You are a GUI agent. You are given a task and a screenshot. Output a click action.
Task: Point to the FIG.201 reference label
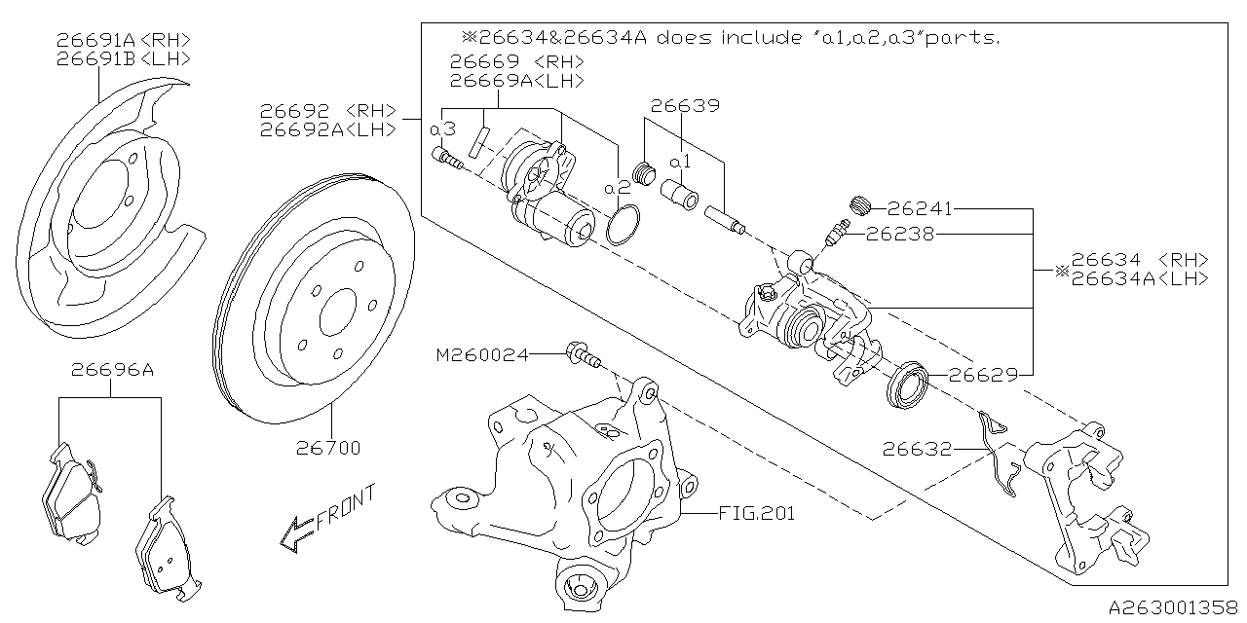(756, 513)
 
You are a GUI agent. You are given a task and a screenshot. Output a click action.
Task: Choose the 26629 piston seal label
(983, 374)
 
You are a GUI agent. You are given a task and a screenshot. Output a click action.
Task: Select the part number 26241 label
(919, 208)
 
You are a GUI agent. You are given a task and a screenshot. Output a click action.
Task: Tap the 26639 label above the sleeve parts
(685, 105)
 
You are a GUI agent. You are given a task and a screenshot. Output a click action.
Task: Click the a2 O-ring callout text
(618, 186)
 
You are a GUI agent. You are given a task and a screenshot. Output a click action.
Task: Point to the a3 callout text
(442, 129)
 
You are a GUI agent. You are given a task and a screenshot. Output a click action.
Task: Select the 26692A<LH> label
(327, 129)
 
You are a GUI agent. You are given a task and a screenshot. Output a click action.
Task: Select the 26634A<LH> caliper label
(1139, 278)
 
